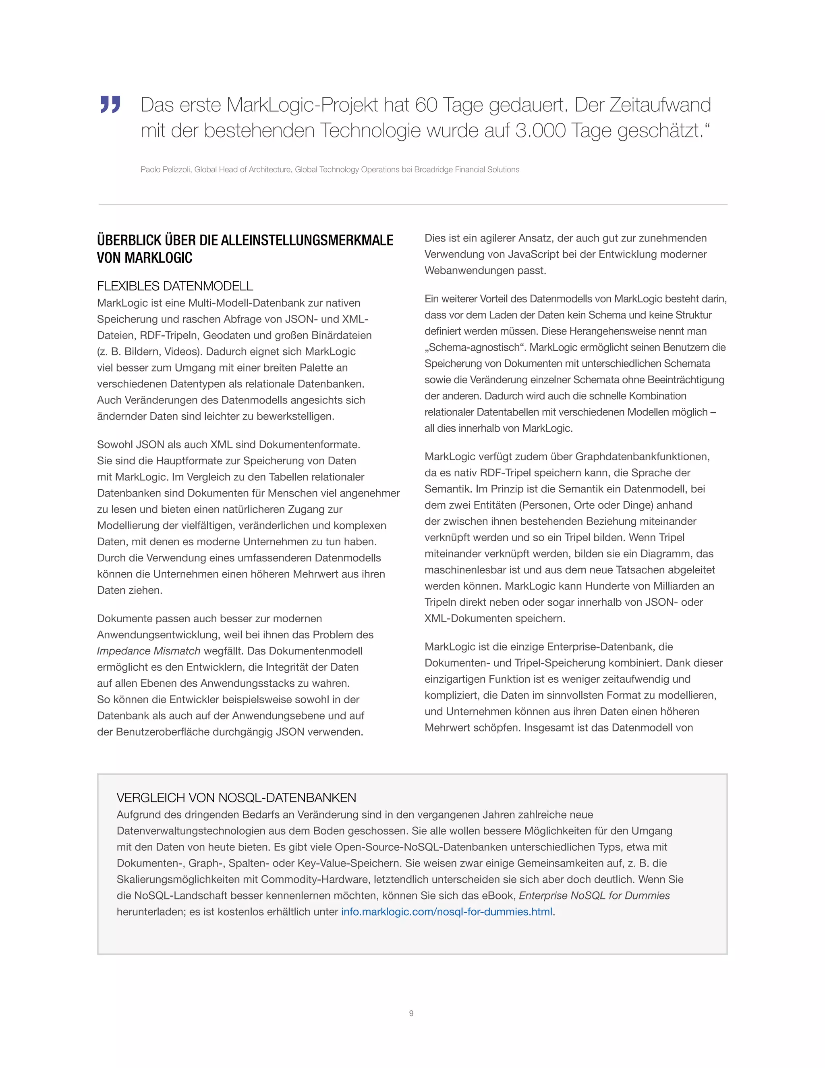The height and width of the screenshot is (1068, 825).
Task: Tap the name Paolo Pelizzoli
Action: click(x=166, y=170)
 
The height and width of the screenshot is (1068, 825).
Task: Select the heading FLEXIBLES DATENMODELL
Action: click(x=175, y=286)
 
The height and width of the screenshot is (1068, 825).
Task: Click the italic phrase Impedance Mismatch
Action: click(x=149, y=651)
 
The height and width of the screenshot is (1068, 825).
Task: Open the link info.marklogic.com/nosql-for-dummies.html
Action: click(x=447, y=912)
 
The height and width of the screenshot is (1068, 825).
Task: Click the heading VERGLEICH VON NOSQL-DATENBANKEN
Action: click(x=236, y=798)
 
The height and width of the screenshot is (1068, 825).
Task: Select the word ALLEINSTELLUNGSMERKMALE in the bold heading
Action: click(x=307, y=240)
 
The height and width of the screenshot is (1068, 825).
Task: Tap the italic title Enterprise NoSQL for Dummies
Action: click(x=594, y=896)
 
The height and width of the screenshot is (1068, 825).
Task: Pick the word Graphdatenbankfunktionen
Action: click(x=642, y=456)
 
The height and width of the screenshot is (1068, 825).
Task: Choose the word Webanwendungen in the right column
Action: click(x=470, y=270)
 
